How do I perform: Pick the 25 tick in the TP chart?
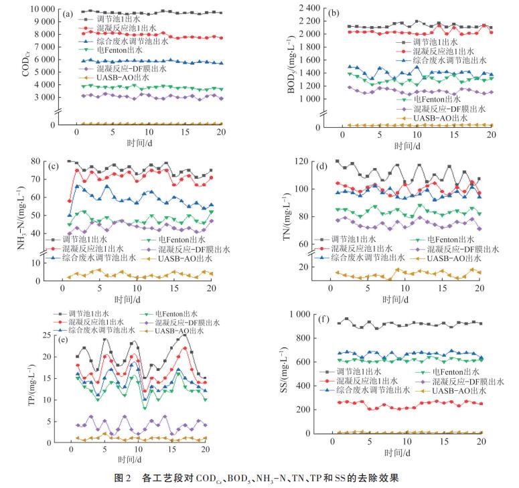pyautogui.click(x=48, y=335)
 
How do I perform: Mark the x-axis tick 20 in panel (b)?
pyautogui.click(x=490, y=135)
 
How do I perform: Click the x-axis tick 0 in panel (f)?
pyautogui.click(x=333, y=442)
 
